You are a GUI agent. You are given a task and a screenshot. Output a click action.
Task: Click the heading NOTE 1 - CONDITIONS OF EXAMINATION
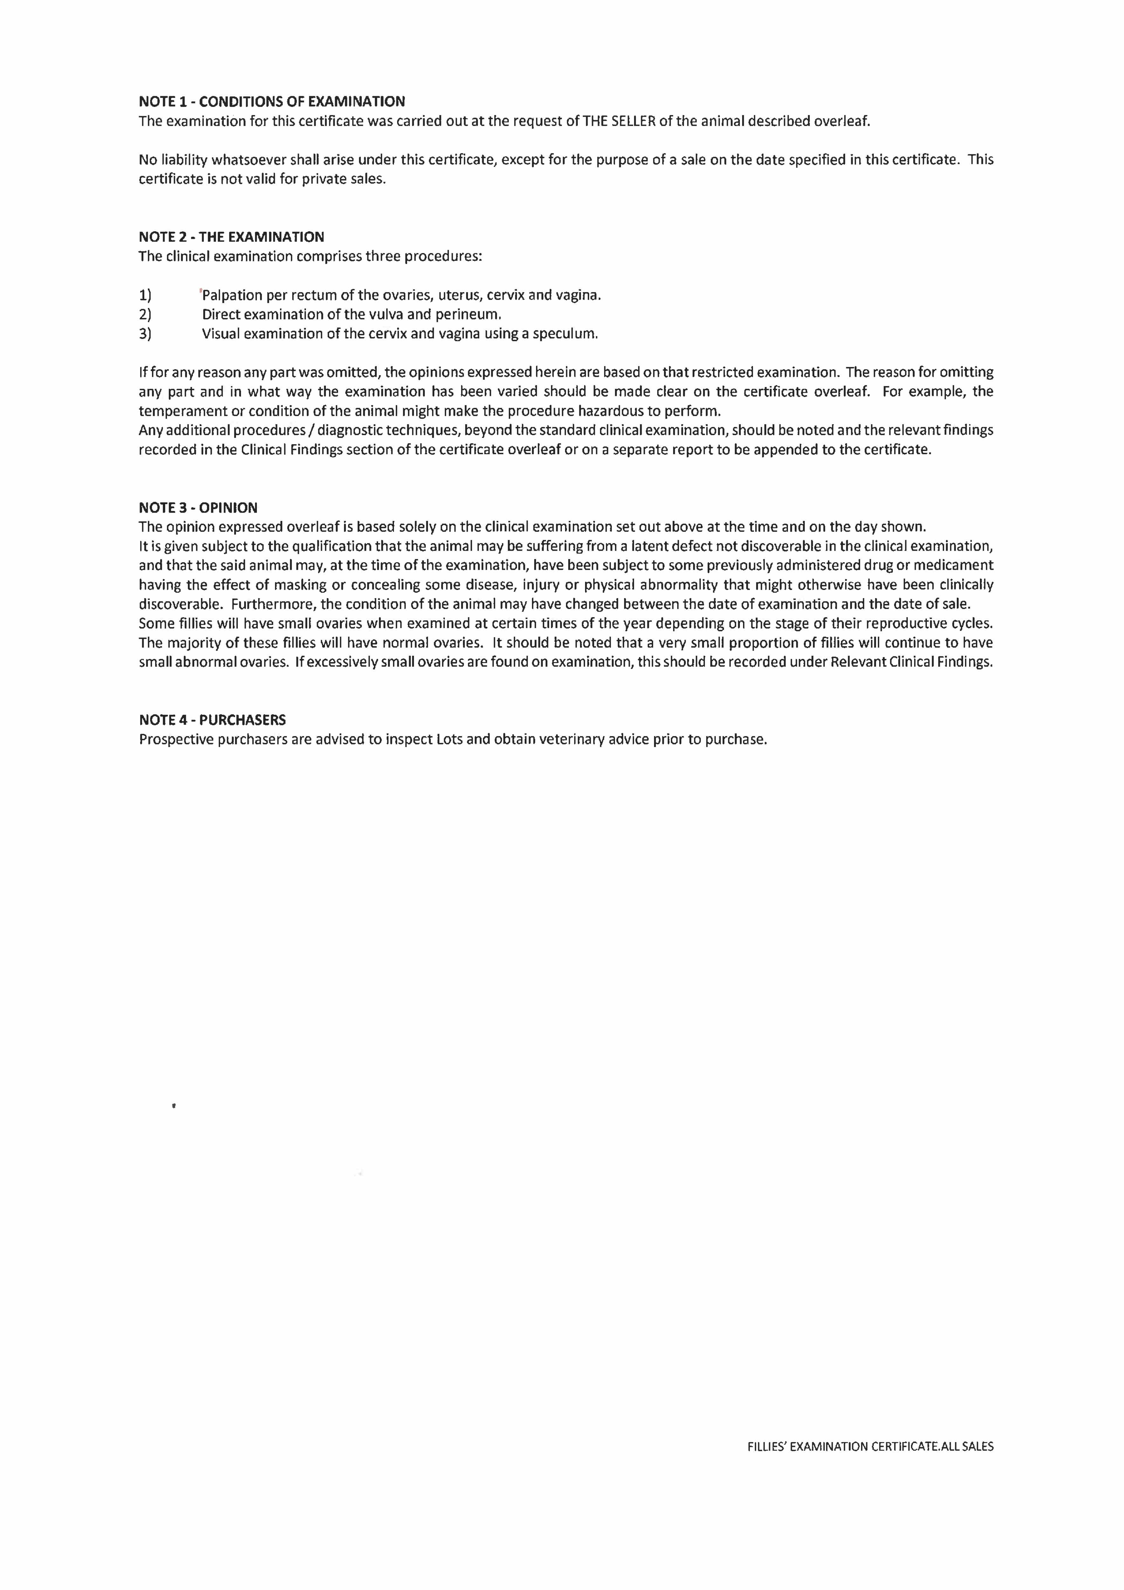272,102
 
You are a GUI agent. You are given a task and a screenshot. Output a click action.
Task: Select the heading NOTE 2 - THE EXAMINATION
231,237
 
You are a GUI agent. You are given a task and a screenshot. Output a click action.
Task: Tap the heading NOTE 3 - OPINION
198,508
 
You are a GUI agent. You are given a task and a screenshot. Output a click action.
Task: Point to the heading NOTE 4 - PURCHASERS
212,720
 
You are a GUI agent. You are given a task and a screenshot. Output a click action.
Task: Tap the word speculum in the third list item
564,334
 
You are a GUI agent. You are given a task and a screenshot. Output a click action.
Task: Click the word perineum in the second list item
467,315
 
